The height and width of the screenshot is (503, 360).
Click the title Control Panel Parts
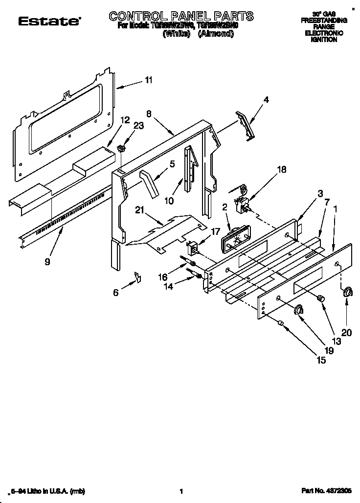(181, 16)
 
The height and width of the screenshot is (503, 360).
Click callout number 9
(47, 262)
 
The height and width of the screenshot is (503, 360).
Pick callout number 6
(115, 292)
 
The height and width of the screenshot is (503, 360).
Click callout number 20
(346, 332)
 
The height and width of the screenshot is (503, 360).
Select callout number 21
(140, 210)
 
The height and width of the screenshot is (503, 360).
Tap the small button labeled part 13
(320, 298)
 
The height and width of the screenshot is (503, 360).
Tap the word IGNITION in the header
(324, 40)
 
